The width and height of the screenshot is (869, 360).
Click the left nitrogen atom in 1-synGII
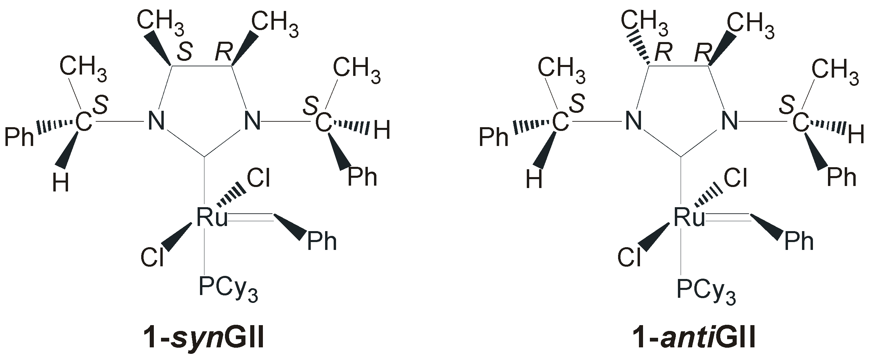[156, 121]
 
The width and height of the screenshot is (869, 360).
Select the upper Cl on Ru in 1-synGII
[258, 178]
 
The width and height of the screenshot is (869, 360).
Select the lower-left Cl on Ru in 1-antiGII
[629, 257]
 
